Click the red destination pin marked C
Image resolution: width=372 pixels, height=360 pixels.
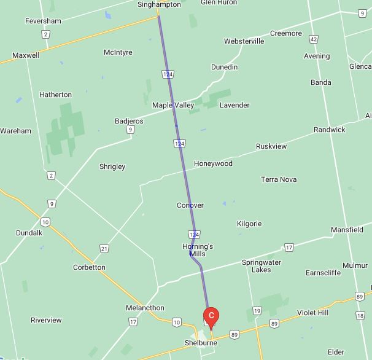point(211,316)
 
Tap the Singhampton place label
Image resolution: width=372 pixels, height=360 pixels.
point(158,4)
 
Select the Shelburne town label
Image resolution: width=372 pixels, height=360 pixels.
point(201,343)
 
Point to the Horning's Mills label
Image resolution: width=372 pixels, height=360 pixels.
point(198,250)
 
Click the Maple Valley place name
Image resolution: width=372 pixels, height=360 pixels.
point(173,105)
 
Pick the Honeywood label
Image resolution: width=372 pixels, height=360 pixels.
point(213,164)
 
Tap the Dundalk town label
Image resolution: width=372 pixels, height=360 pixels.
point(29,233)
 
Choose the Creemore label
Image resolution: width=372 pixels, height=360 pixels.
point(286,33)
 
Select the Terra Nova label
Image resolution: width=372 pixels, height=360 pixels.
point(279,179)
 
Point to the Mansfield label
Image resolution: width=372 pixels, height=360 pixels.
point(347,230)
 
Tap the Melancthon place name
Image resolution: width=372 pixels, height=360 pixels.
point(145,308)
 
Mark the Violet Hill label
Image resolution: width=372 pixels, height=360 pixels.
point(313,313)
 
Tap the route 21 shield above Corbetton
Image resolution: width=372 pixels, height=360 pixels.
point(104,248)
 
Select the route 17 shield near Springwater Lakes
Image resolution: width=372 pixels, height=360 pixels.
point(289,248)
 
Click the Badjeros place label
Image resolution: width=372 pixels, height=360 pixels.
point(129,121)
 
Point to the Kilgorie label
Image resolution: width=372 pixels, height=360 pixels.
point(249,224)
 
